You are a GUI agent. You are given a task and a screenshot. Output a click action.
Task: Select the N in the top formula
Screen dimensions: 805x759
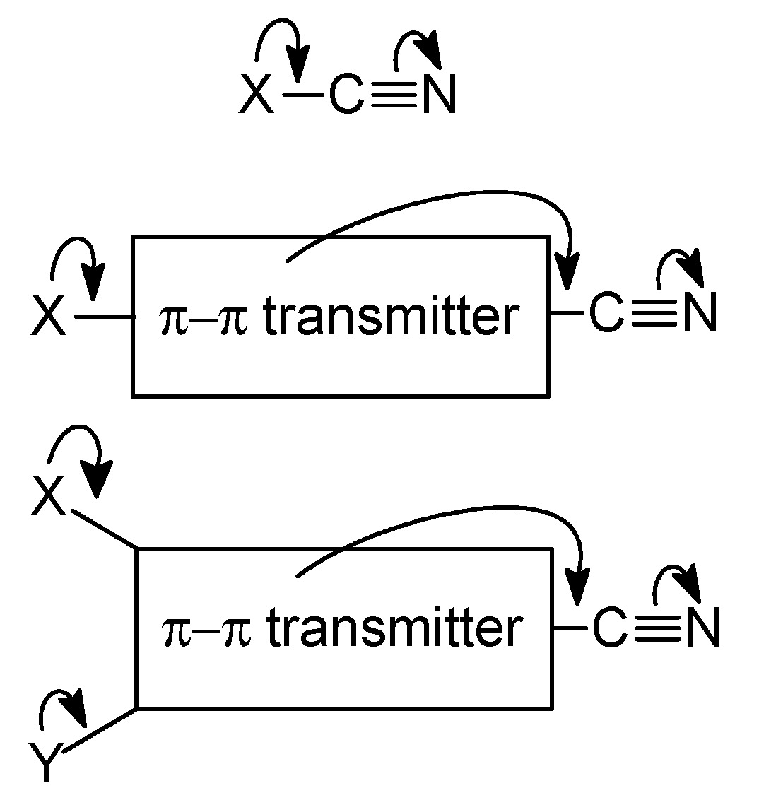pyautogui.click(x=438, y=95)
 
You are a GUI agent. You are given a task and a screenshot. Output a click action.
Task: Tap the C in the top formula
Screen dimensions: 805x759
pyautogui.click(x=346, y=95)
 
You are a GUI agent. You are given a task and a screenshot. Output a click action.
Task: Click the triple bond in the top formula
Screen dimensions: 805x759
pyautogui.click(x=393, y=95)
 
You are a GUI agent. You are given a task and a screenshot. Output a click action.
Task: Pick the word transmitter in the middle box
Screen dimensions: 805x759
pyautogui.click(x=393, y=317)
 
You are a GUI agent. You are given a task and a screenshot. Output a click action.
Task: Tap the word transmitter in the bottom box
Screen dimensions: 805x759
pyautogui.click(x=396, y=628)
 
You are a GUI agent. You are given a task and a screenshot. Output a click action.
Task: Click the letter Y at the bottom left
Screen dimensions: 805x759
pyautogui.click(x=45, y=763)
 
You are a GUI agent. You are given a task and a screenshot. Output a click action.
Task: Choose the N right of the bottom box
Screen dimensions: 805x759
pyautogui.click(x=702, y=628)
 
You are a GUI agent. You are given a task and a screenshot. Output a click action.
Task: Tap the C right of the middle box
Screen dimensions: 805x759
pyautogui.click(x=606, y=314)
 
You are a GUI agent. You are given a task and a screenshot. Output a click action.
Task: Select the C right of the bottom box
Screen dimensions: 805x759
pyautogui.click(x=609, y=628)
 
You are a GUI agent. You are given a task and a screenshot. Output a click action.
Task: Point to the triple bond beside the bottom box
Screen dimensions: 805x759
pyautogui.click(x=656, y=628)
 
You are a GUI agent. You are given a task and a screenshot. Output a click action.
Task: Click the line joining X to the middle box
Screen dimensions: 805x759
pyautogui.click(x=105, y=317)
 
